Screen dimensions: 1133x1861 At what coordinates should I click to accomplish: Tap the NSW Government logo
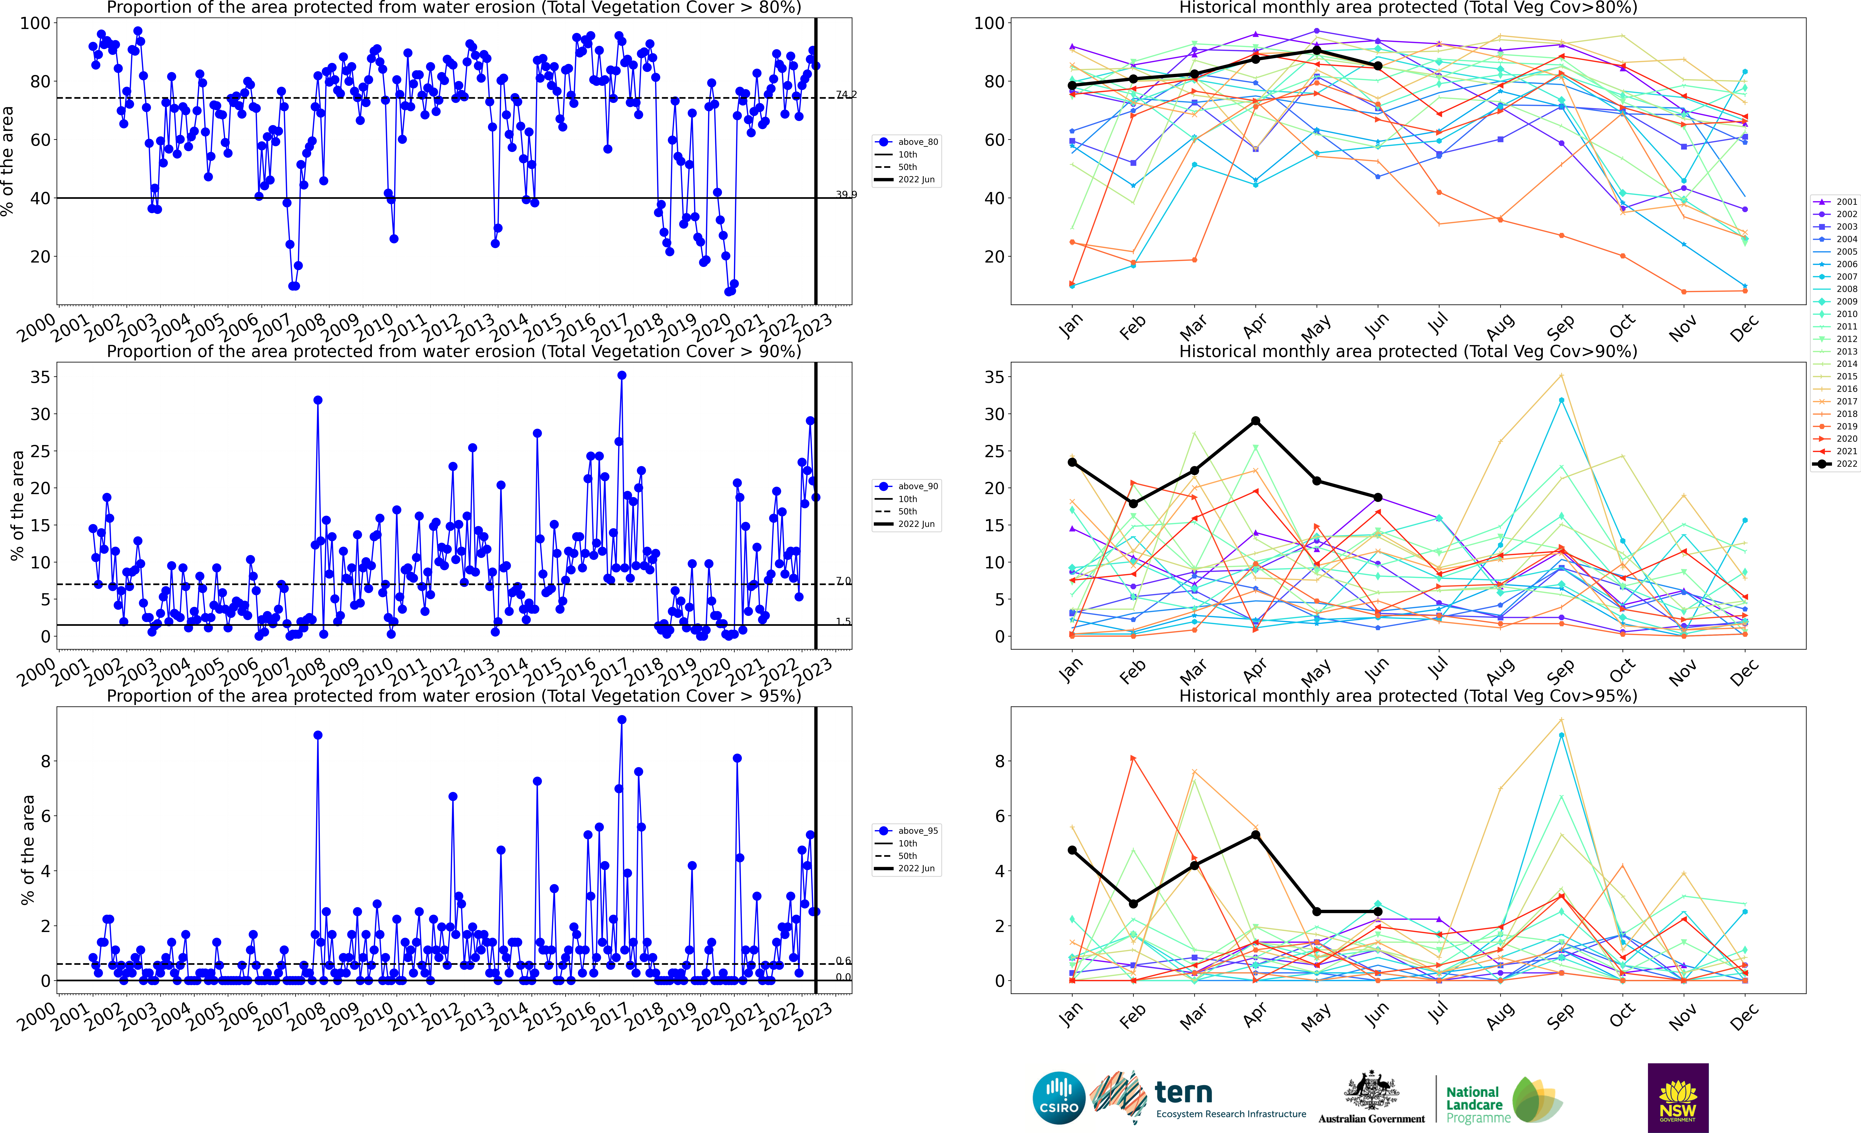point(1678,1097)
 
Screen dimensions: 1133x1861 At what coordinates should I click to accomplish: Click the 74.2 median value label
point(846,94)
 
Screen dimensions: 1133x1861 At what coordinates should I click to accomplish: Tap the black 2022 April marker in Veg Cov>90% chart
point(1255,421)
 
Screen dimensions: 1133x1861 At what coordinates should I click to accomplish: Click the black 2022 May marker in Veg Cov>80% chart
point(1316,51)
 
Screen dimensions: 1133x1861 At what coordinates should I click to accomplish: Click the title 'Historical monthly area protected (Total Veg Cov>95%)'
point(1408,696)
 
